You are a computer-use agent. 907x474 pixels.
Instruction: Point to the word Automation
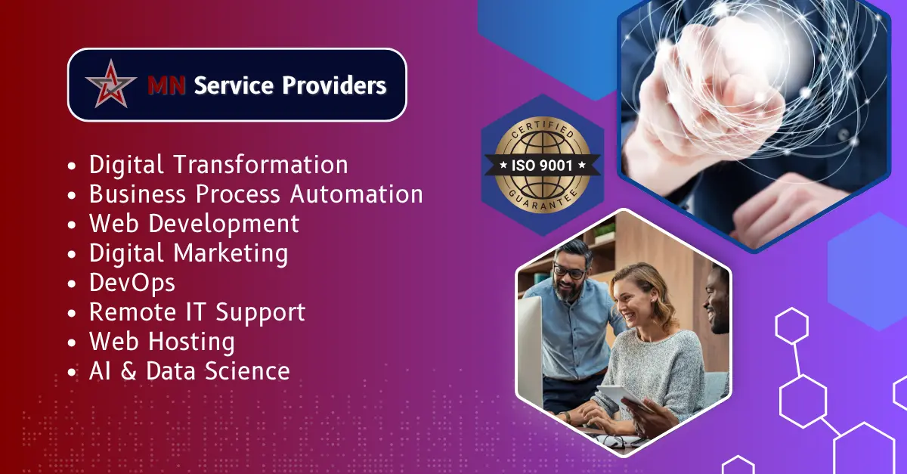[357, 194]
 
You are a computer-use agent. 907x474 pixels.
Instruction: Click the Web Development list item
[193, 224]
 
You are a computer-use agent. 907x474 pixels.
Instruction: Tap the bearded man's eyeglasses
[568, 271]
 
